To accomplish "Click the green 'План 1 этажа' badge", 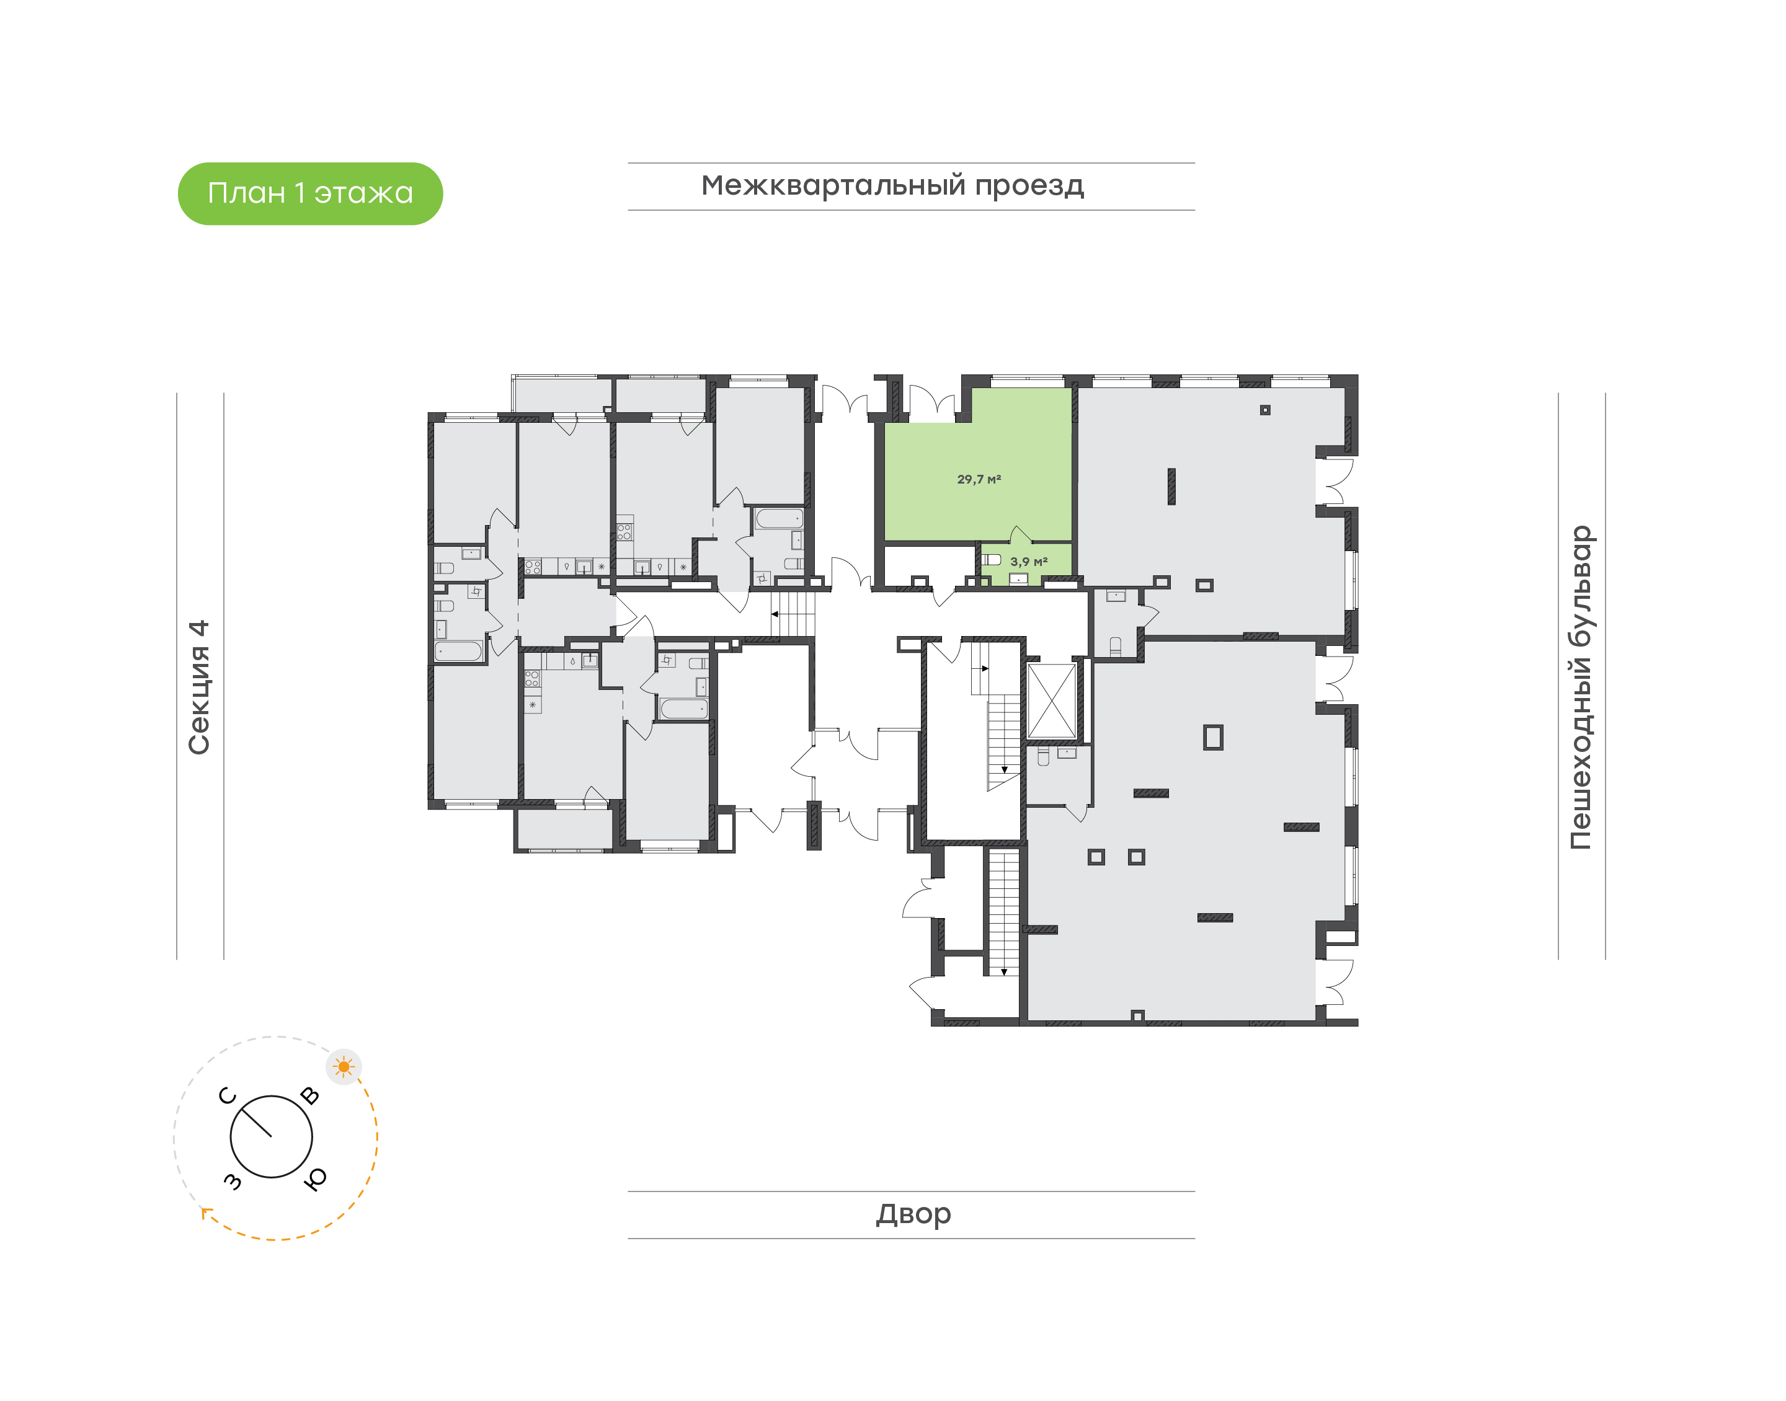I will (310, 193).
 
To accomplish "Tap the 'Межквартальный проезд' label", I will (892, 185).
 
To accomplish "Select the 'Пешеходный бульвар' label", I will (1580, 687).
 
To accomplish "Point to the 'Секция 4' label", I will (199, 687).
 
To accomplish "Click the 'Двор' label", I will (913, 1213).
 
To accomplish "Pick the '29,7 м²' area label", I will (979, 479).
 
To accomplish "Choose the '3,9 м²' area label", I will (1028, 562).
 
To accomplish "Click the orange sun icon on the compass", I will (344, 1067).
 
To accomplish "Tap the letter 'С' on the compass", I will (228, 1096).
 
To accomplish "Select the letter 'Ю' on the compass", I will (315, 1178).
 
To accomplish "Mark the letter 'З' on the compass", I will (233, 1181).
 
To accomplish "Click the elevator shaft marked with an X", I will (1052, 701).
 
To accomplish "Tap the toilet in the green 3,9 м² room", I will (992, 559).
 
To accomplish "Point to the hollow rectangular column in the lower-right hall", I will (1212, 738).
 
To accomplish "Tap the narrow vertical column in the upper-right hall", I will (1171, 487).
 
